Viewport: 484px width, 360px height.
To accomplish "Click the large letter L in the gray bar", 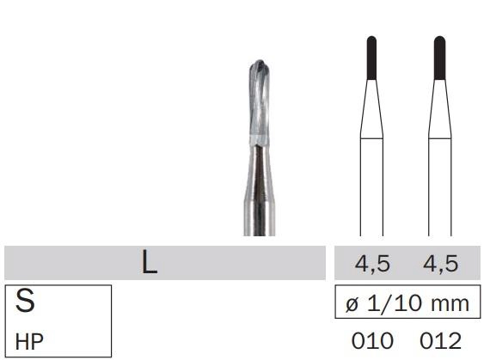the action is click(150, 262).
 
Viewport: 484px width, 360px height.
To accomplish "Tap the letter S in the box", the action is click(25, 301).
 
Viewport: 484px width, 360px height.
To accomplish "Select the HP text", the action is click(29, 342).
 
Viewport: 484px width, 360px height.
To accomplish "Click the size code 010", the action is click(372, 341).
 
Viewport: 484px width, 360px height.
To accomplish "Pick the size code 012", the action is click(440, 341).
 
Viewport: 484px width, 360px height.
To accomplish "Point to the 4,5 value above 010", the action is click(372, 264).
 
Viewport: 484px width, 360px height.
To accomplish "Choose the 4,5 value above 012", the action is click(440, 264).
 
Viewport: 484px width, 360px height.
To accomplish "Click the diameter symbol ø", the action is click(352, 304).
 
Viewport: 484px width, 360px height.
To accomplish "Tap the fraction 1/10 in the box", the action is click(395, 303).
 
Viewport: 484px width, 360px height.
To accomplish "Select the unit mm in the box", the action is click(450, 304).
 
